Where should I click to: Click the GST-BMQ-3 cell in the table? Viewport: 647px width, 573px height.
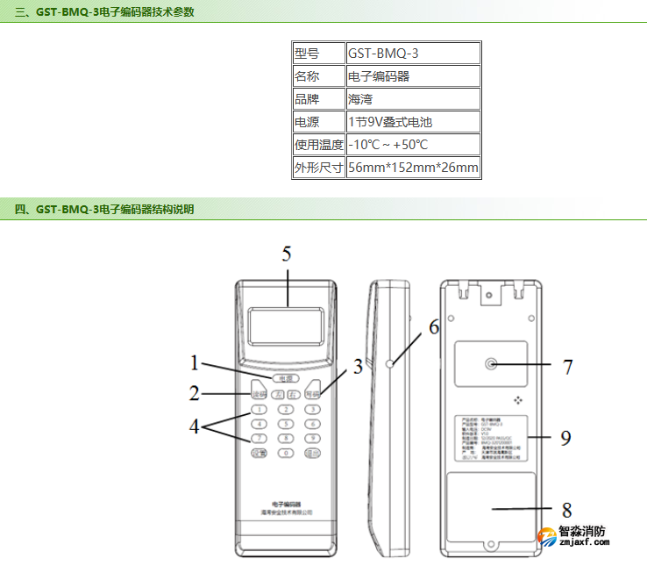pos(413,53)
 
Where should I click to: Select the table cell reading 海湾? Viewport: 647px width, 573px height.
pos(413,98)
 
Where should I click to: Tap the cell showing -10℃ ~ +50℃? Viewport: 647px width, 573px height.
pos(413,144)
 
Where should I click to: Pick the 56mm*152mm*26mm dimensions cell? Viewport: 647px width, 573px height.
pos(413,167)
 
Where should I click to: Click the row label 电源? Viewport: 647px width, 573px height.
pos(318,121)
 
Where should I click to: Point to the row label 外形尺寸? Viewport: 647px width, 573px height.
pos(318,167)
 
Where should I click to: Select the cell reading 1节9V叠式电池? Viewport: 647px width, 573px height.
pos(413,121)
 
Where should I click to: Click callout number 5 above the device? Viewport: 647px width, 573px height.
pos(287,254)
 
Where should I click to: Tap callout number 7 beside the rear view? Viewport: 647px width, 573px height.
pos(567,366)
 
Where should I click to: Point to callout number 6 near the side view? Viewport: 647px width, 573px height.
pos(433,327)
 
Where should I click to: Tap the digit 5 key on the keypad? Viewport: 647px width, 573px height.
pos(286,423)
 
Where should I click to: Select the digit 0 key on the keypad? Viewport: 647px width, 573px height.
pos(286,453)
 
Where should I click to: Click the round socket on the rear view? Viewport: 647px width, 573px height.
pos(489,363)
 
